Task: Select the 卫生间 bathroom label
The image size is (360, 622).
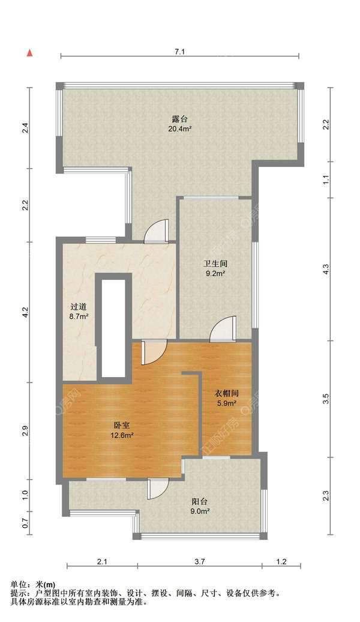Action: (x=214, y=263)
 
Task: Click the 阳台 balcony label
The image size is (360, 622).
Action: (x=200, y=501)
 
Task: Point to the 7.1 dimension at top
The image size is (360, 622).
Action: (x=179, y=52)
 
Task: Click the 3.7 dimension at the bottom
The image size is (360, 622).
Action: (x=200, y=562)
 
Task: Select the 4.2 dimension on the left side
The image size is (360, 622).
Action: (x=25, y=312)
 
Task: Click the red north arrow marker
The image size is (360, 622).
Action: (x=28, y=53)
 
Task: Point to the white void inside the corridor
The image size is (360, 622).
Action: (x=113, y=327)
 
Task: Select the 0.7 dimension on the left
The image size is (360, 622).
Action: (x=25, y=522)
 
